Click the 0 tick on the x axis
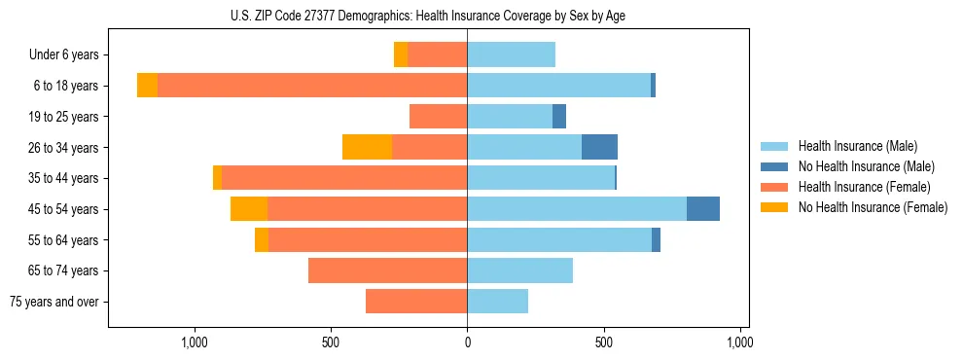[x=467, y=342]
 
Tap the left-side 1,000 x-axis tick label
[x=195, y=342]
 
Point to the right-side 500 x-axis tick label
[x=604, y=342]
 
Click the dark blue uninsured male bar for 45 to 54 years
[x=703, y=209]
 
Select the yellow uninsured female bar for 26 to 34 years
[x=367, y=147]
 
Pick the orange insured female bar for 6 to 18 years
[x=311, y=86]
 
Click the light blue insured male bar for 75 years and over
[x=497, y=302]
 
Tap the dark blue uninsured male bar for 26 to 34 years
[x=599, y=147]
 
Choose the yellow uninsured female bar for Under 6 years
[x=401, y=54]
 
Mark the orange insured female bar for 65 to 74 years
[x=387, y=270]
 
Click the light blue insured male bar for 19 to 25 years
[x=510, y=117]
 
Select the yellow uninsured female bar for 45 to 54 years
[x=249, y=209]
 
